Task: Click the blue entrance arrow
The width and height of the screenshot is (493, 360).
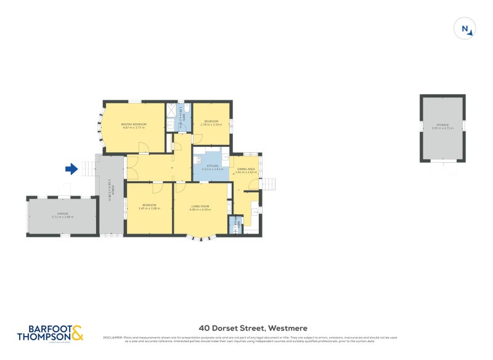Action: pos(71,168)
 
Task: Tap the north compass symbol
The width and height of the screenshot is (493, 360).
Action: pos(465,29)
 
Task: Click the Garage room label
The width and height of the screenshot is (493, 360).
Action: pos(63,215)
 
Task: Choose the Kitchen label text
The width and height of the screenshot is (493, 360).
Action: pos(212,167)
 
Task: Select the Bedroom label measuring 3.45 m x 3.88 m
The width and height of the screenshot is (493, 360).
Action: pos(149,207)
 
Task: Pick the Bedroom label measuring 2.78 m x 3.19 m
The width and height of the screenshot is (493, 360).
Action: pos(211,123)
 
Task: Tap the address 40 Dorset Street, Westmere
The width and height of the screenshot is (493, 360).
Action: pos(253,329)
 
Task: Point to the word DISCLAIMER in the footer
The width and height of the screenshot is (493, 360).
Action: pos(112,338)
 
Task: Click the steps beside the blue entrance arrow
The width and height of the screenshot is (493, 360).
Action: pos(88,168)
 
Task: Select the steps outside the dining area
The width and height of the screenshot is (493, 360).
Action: pos(269,184)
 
